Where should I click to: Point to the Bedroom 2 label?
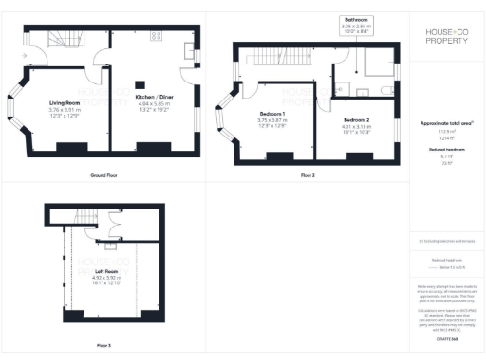coord(357,120)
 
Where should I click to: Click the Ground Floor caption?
coord(103,176)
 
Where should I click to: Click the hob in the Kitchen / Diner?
coord(189,48)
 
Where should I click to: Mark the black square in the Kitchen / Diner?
coord(139,83)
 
